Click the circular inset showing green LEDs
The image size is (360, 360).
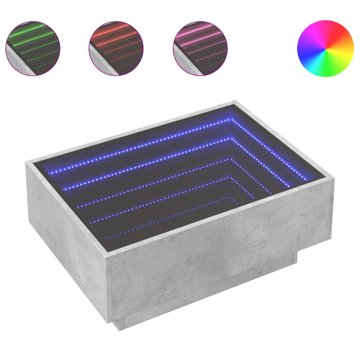(33, 48)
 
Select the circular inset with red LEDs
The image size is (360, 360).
(116, 48)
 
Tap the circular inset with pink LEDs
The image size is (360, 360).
(200, 48)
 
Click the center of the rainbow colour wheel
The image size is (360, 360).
(325, 48)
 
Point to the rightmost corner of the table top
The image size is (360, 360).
(333, 179)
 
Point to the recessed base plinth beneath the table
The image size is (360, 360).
(211, 302)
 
